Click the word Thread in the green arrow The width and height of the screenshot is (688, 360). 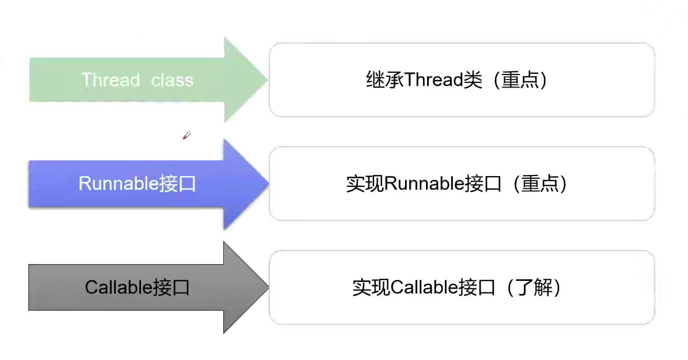pyautogui.click(x=111, y=80)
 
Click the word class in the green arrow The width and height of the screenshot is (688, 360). pyautogui.click(x=172, y=80)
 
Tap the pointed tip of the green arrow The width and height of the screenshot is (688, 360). pyautogui.click(x=266, y=80)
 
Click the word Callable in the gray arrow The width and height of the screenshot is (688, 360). pyautogui.click(x=119, y=287)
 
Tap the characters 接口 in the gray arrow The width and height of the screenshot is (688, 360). pyautogui.click(x=171, y=287)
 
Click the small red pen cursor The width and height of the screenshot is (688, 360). pyautogui.click(x=186, y=136)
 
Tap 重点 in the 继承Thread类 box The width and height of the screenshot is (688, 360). pyautogui.click(x=520, y=80)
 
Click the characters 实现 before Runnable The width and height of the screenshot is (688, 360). pyautogui.click(x=365, y=184)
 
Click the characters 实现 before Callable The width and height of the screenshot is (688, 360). pyautogui.click(x=372, y=288)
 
